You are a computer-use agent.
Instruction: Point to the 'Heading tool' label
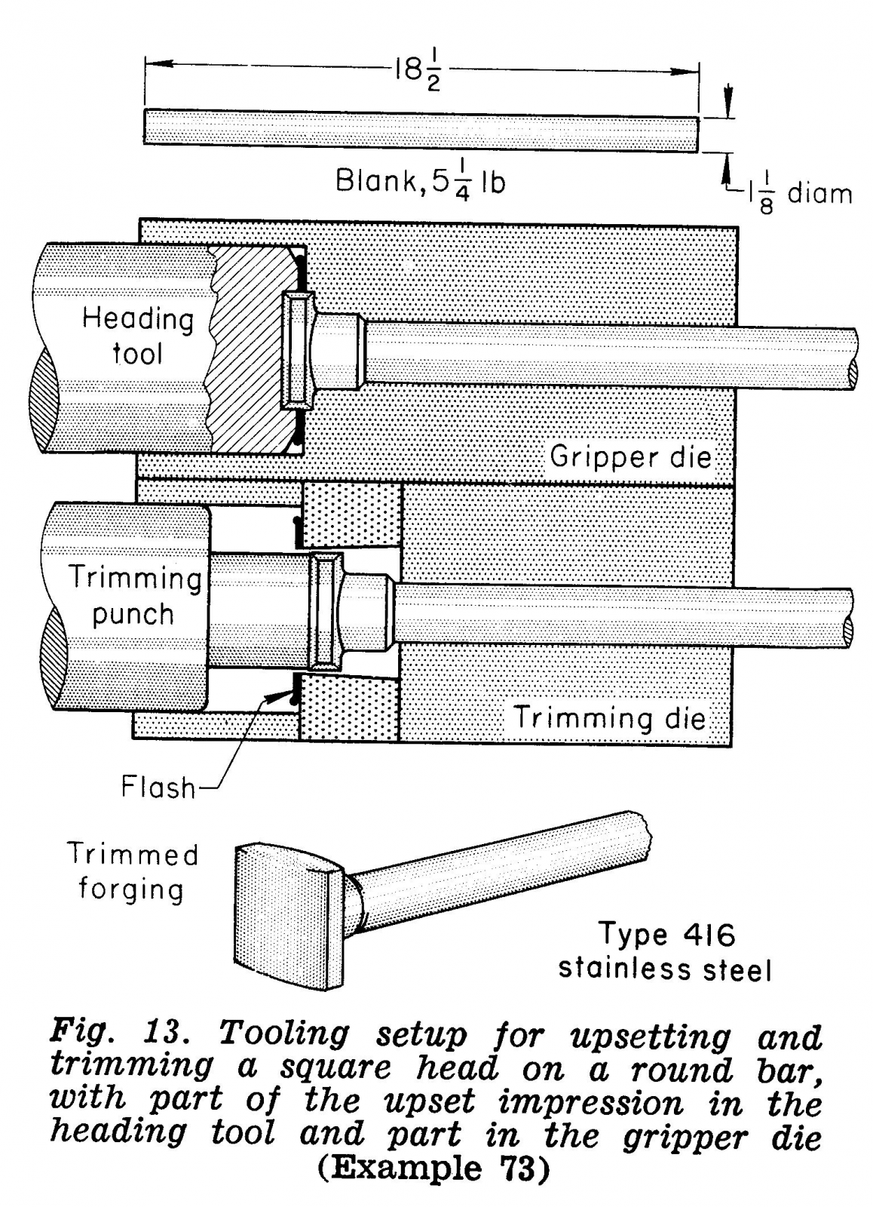pyautogui.click(x=137, y=336)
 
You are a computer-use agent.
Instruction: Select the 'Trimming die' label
pyautogui.click(x=610, y=717)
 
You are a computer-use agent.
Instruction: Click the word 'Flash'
pyautogui.click(x=158, y=788)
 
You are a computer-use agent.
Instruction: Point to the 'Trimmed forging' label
pyautogui.click(x=132, y=871)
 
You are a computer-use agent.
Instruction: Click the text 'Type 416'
pyautogui.click(x=666, y=935)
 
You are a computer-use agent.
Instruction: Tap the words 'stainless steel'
pyautogui.click(x=665, y=969)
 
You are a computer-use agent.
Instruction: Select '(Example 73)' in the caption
pyautogui.click(x=432, y=1168)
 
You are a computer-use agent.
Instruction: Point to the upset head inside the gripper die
pyautogui.click(x=296, y=351)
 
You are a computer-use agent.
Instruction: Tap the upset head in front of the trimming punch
pyautogui.click(x=326, y=611)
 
